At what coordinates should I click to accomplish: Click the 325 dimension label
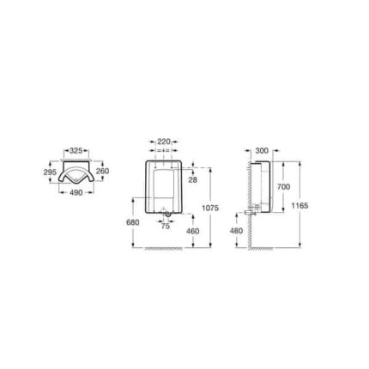point(76,150)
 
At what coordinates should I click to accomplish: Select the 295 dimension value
point(50,172)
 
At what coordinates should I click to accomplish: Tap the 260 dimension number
point(102,171)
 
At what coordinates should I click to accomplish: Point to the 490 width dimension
point(76,192)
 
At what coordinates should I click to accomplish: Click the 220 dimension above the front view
point(164,142)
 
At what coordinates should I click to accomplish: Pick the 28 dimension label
point(193,180)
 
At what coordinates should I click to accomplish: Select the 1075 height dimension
point(210,208)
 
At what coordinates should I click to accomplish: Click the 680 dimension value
point(133,222)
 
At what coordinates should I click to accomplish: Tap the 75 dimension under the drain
point(166,226)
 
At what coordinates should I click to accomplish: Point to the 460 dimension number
point(192,231)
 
